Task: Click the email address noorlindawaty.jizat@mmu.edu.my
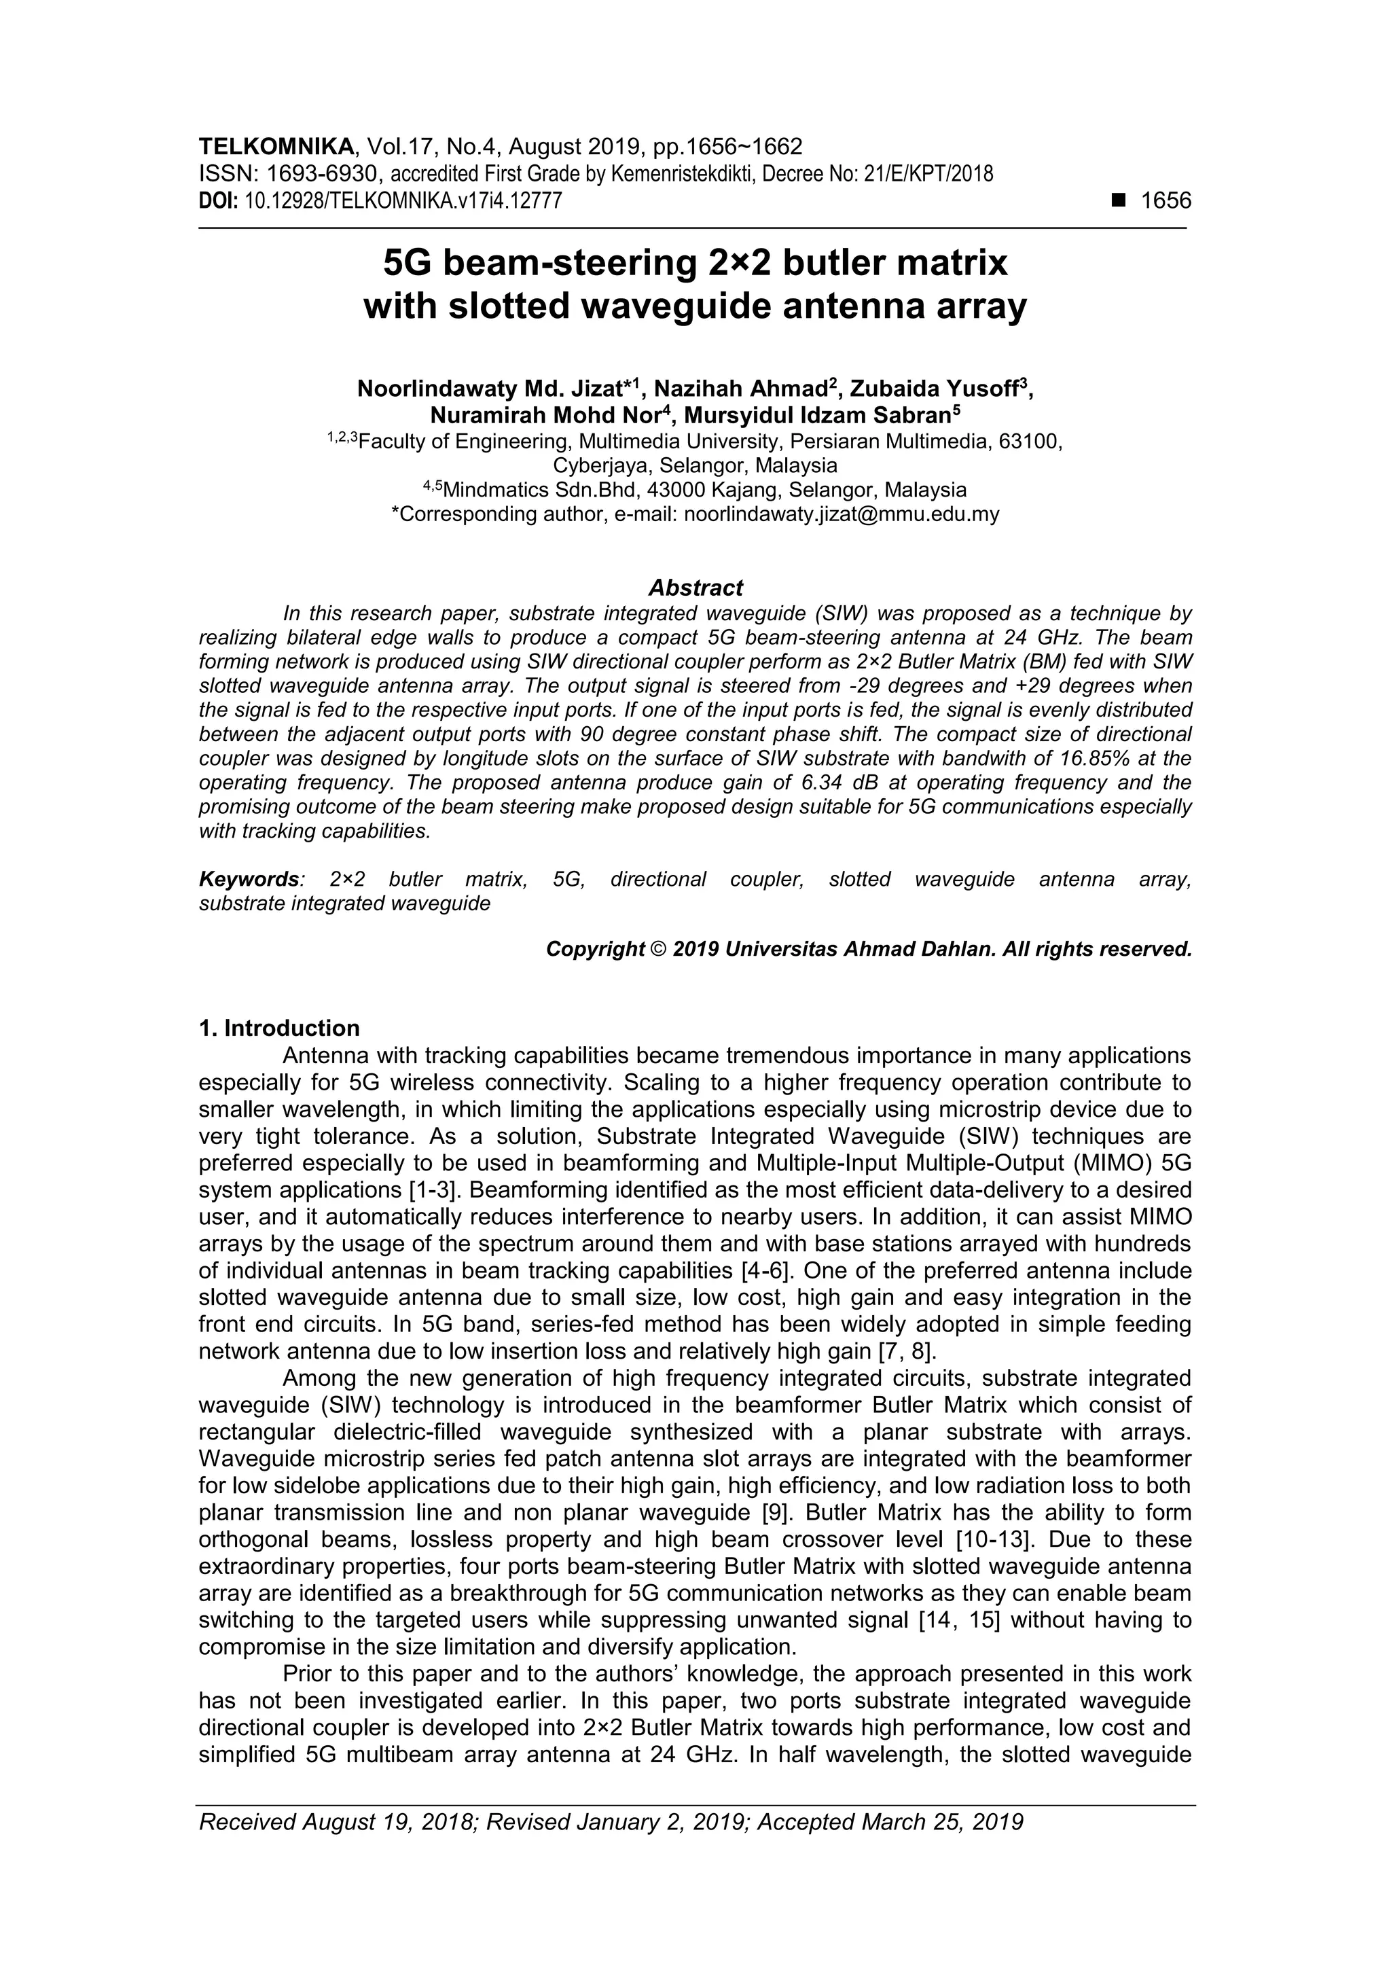pos(842,514)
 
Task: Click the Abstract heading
pos(695,588)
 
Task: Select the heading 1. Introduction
pos(279,1028)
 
